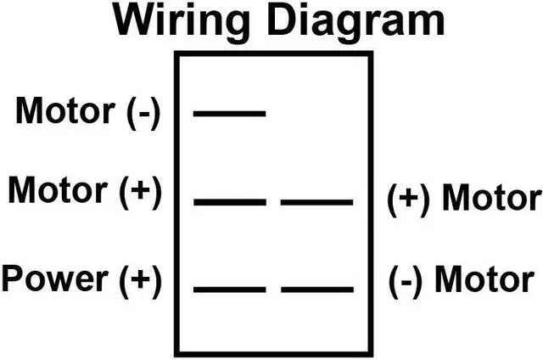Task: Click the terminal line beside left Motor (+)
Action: coord(229,202)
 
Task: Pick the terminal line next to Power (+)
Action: coord(229,290)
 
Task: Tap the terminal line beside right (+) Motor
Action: coord(316,202)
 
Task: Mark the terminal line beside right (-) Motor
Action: coord(316,290)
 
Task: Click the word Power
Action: coord(53,279)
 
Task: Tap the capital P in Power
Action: coord(13,279)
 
